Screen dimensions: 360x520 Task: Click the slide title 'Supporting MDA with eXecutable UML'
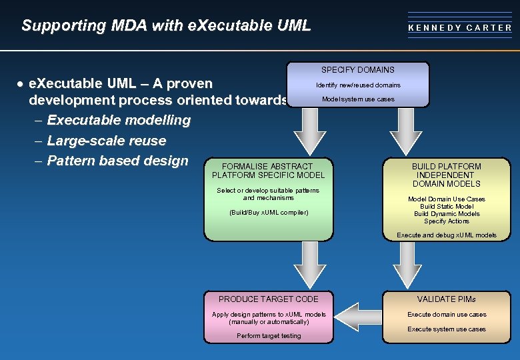click(x=166, y=26)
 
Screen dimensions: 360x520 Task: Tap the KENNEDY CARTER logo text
click(x=460, y=28)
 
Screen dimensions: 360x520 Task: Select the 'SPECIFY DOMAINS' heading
click(x=358, y=70)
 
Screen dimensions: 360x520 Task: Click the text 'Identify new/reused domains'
click(x=358, y=85)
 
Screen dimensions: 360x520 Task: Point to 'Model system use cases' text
click(x=358, y=99)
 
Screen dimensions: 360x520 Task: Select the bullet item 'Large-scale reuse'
click(x=107, y=141)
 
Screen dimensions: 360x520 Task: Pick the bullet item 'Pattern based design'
click(x=118, y=161)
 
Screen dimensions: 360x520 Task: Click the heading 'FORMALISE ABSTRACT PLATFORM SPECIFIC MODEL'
click(x=268, y=171)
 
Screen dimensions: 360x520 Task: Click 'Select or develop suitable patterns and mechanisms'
click(x=268, y=194)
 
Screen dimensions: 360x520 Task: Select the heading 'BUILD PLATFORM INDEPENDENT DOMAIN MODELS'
click(x=446, y=175)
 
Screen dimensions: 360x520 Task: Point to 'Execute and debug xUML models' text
click(x=446, y=235)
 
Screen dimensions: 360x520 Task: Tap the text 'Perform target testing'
click(x=268, y=336)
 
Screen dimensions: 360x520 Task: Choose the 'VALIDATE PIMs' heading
click(x=446, y=299)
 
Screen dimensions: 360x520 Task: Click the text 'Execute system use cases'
click(x=446, y=329)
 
